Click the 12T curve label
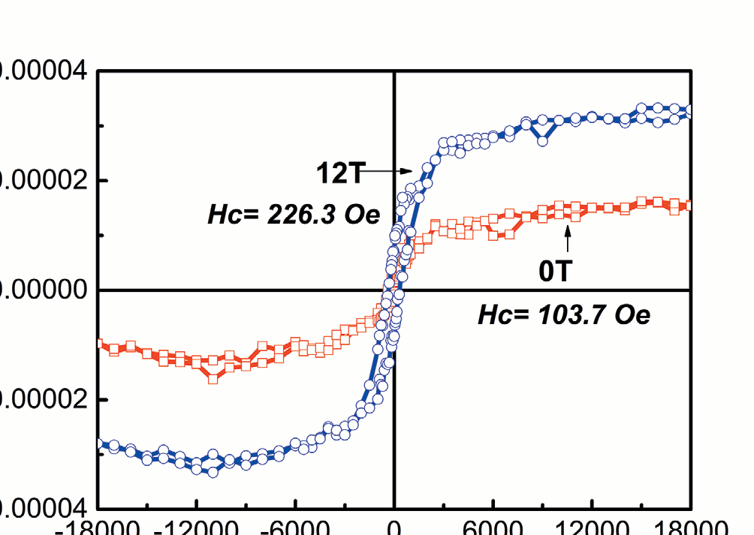click(x=339, y=173)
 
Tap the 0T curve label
click(x=555, y=271)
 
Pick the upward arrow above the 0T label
click(x=567, y=239)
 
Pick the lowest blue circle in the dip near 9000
click(x=543, y=140)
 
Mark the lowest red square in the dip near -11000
click(x=213, y=379)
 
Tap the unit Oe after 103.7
click(x=632, y=315)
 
